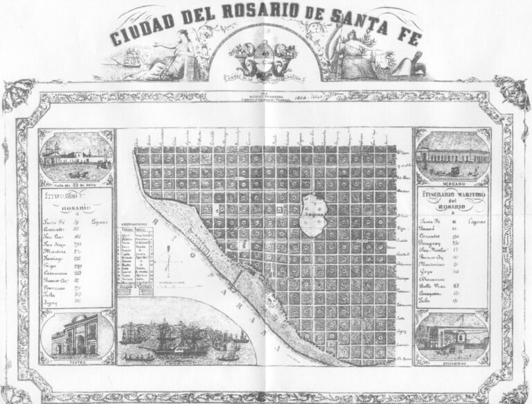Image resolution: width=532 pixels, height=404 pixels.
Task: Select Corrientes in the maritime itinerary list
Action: click(435, 236)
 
